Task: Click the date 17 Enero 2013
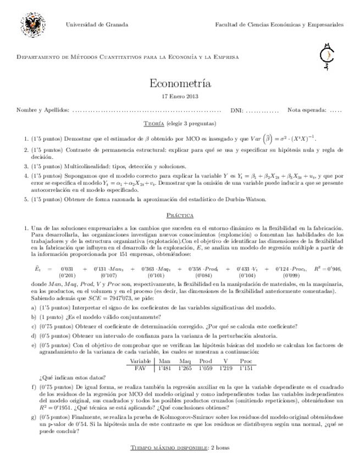[180, 96]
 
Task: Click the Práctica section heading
[180, 215]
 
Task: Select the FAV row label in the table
[140, 368]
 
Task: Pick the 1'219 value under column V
[226, 368]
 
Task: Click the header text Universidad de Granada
[97, 25]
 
